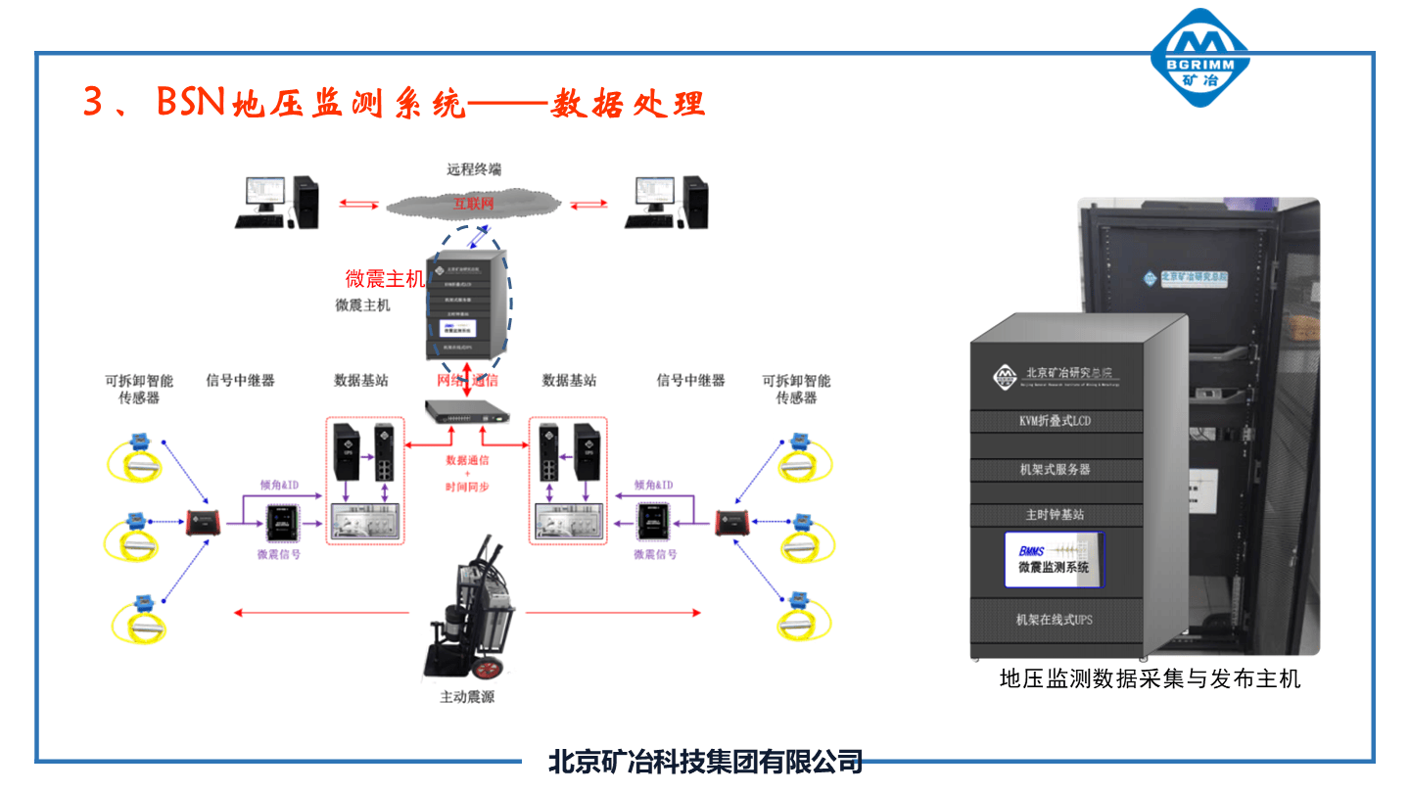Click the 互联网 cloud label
pos(473,204)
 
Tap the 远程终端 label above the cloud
pos(474,169)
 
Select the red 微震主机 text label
pos(385,279)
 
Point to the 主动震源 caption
pos(467,698)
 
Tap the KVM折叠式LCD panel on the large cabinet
pos(1055,421)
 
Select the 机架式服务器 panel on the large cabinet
pos(1055,470)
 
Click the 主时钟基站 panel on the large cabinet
pos(1055,514)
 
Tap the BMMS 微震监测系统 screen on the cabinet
pos(1054,559)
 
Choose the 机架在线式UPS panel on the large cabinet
pos(1055,621)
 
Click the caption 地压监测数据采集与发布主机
pos(1150,678)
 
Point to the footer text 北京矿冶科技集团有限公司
pos(705,762)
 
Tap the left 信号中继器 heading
pos(241,380)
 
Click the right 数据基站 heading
pos(569,380)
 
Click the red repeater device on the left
pos(204,523)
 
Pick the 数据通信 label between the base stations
pos(467,459)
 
